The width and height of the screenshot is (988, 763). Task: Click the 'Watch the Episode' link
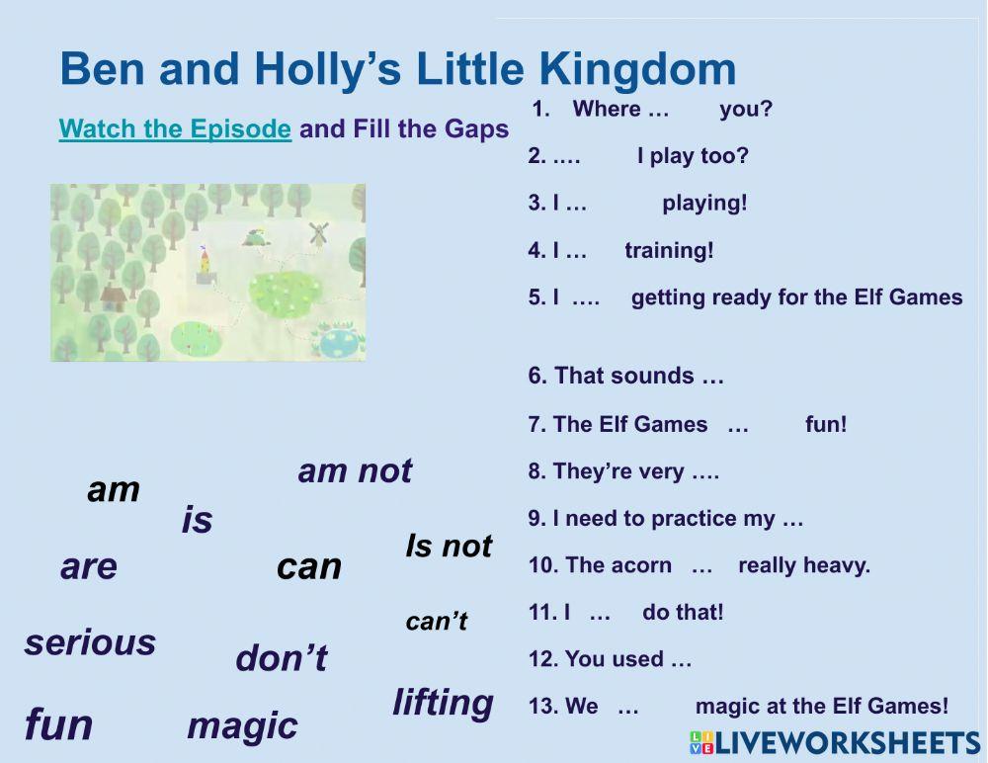[x=175, y=129]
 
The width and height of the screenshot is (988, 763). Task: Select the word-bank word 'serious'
[x=90, y=642]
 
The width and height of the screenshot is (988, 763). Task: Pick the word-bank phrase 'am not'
[x=355, y=471]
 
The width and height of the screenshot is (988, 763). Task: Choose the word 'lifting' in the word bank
[x=443, y=703]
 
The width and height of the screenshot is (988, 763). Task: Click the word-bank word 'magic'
[x=242, y=725]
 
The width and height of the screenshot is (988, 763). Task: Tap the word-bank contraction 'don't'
[x=281, y=658]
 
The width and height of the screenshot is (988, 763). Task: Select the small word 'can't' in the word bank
[x=436, y=622]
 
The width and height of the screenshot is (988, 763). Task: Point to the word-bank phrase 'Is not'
[x=449, y=546]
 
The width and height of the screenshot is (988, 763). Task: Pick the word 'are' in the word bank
[x=89, y=567]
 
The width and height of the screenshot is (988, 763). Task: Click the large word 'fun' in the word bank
[x=58, y=724]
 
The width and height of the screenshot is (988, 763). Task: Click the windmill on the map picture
[x=317, y=234]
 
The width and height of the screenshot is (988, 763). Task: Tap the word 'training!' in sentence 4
[x=669, y=251]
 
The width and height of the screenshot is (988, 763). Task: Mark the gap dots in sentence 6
[x=711, y=376]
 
